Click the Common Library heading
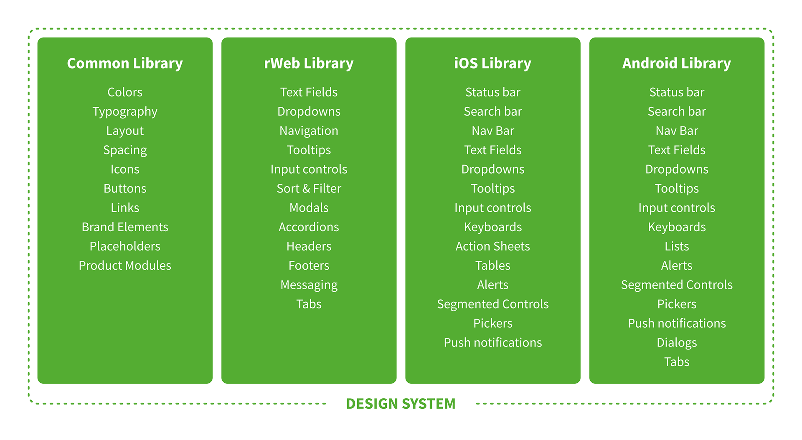click(x=125, y=63)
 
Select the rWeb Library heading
click(x=309, y=63)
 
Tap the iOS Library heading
click(x=492, y=63)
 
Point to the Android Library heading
click(x=676, y=63)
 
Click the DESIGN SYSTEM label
click(x=401, y=404)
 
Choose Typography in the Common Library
click(x=125, y=111)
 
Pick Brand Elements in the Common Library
click(x=125, y=227)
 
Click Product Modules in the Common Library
click(x=125, y=266)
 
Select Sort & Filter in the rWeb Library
click(x=309, y=188)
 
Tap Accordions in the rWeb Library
click(x=309, y=227)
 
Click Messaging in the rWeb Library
click(x=309, y=285)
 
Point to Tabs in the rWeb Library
click(x=309, y=304)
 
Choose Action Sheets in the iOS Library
click(x=492, y=246)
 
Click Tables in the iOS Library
click(x=492, y=266)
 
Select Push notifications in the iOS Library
click(x=492, y=342)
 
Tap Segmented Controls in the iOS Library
click(x=492, y=304)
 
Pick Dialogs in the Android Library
click(x=677, y=342)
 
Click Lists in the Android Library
click(x=677, y=246)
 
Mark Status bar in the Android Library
click(x=677, y=92)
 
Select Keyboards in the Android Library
click(x=677, y=227)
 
